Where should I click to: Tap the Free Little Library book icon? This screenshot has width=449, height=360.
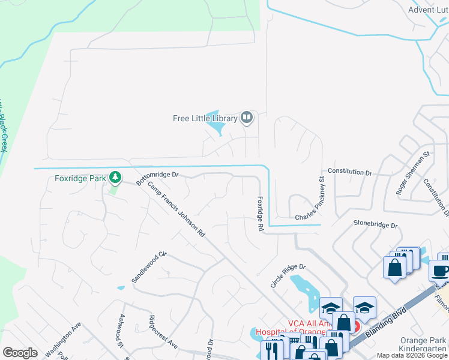pyautogui.click(x=246, y=118)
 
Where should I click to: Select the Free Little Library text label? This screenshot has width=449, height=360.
pyautogui.click(x=205, y=118)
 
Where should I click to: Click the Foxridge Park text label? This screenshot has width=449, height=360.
pyautogui.click(x=79, y=178)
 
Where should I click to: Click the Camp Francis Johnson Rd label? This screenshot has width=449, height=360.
pyautogui.click(x=177, y=209)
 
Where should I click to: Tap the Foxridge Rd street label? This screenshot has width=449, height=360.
pyautogui.click(x=261, y=214)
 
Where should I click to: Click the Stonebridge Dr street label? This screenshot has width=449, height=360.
pyautogui.click(x=376, y=225)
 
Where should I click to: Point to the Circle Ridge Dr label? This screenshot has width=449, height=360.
pyautogui.click(x=288, y=275)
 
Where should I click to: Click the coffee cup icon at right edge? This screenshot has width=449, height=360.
pyautogui.click(x=441, y=271)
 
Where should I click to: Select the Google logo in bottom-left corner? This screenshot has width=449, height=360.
pyautogui.click(x=20, y=352)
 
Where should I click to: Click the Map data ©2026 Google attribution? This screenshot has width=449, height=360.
pyautogui.click(x=411, y=355)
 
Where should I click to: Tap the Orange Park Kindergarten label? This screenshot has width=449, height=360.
pyautogui.click(x=423, y=344)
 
